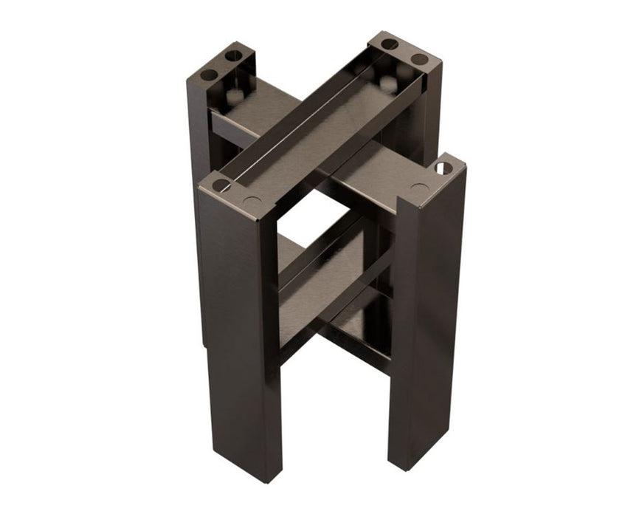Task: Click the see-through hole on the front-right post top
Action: click(443, 168)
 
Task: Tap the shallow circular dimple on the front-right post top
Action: click(420, 188)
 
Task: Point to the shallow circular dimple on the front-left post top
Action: click(252, 200)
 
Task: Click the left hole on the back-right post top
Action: click(390, 44)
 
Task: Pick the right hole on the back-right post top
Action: click(419, 58)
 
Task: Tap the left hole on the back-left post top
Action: click(209, 75)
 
